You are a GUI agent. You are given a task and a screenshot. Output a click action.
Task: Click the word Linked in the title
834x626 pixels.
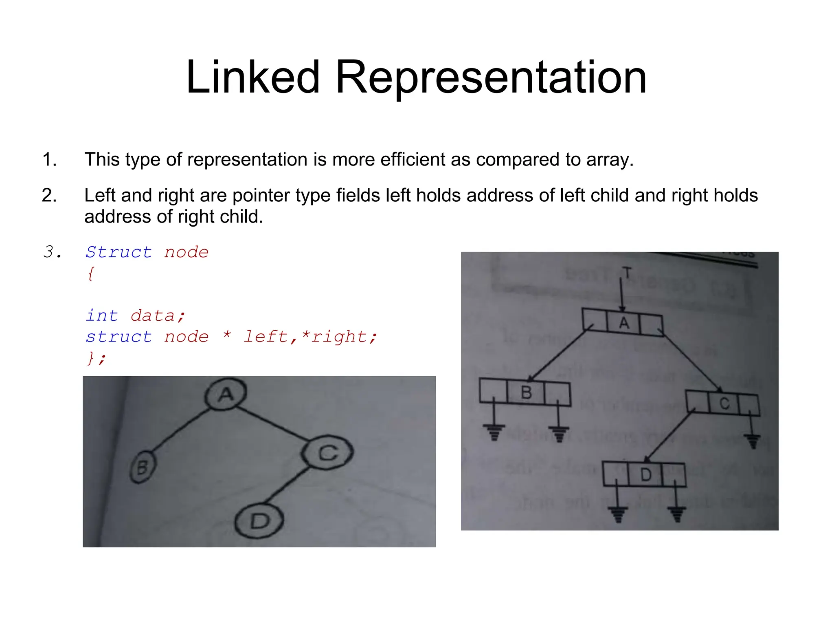pos(252,77)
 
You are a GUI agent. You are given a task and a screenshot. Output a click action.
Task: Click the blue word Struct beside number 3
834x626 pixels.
pos(119,252)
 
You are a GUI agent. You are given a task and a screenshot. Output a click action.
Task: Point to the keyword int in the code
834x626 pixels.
pos(102,316)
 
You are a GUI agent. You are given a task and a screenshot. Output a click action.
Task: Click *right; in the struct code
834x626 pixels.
pos(339,337)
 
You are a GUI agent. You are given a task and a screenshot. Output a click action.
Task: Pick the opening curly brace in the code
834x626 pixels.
pos(91,273)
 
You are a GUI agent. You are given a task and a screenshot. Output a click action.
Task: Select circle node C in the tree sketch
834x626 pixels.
pos(327,452)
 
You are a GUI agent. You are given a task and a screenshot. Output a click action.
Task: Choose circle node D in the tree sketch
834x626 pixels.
pos(259,521)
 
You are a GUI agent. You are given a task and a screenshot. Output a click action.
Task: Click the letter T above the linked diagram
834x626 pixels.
pos(627,273)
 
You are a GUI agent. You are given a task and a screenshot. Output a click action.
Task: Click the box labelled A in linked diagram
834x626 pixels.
pos(623,323)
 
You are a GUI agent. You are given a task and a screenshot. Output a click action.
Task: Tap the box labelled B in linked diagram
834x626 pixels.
pos(526,392)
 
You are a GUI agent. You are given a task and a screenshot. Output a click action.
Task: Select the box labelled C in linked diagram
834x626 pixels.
pos(724,403)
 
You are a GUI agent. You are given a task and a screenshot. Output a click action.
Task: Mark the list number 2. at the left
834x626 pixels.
pos(49,196)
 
